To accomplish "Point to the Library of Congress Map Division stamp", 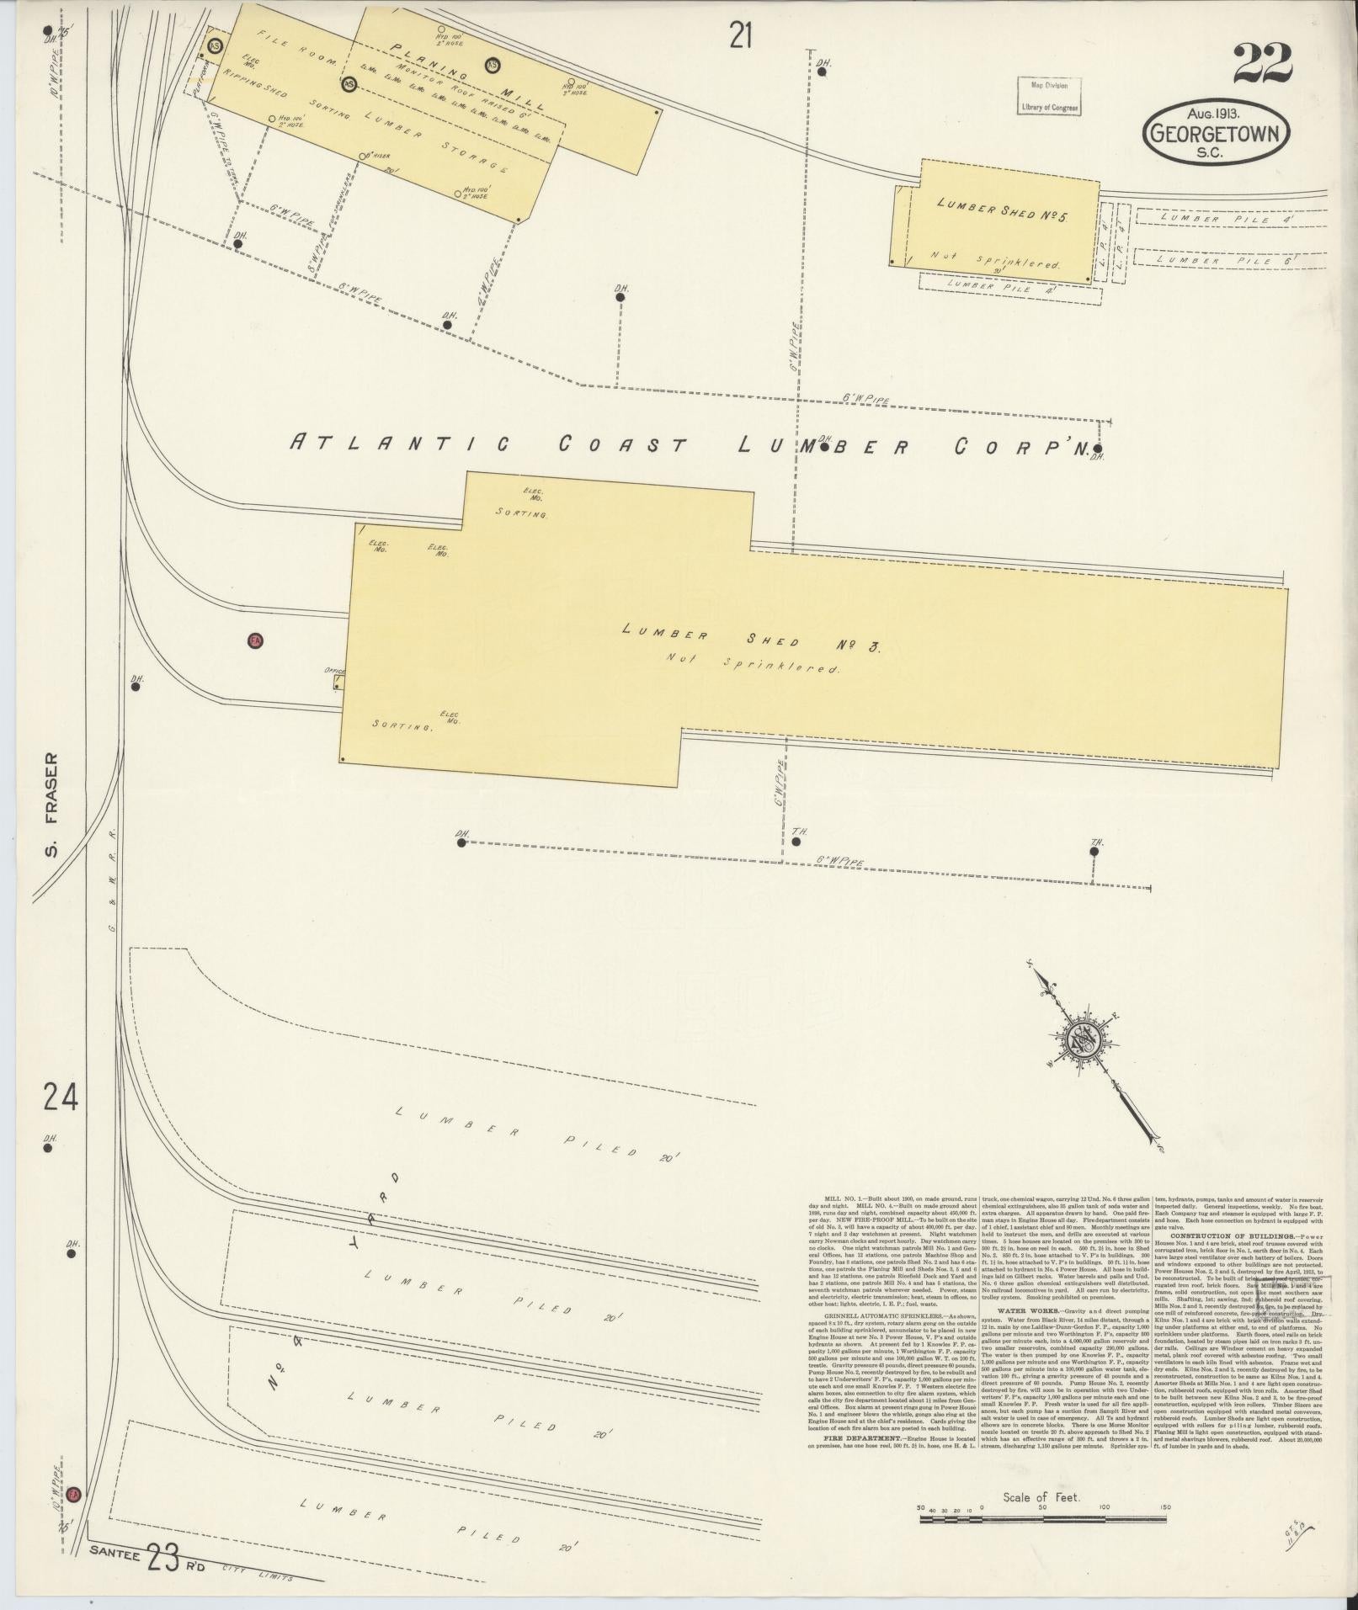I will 1048,96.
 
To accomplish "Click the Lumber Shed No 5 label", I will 1001,210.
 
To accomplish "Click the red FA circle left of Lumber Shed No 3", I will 254,641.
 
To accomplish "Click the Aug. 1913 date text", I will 1217,112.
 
